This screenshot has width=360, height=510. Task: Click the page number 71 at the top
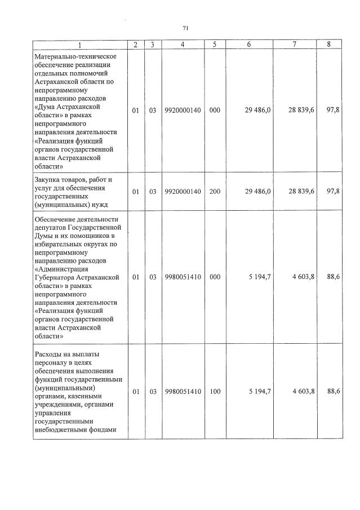[185, 28]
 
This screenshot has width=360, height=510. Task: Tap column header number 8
[328, 45]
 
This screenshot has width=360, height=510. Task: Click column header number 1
[79, 45]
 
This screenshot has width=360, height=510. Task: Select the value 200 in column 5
[215, 192]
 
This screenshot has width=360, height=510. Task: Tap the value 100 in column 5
[215, 391]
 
